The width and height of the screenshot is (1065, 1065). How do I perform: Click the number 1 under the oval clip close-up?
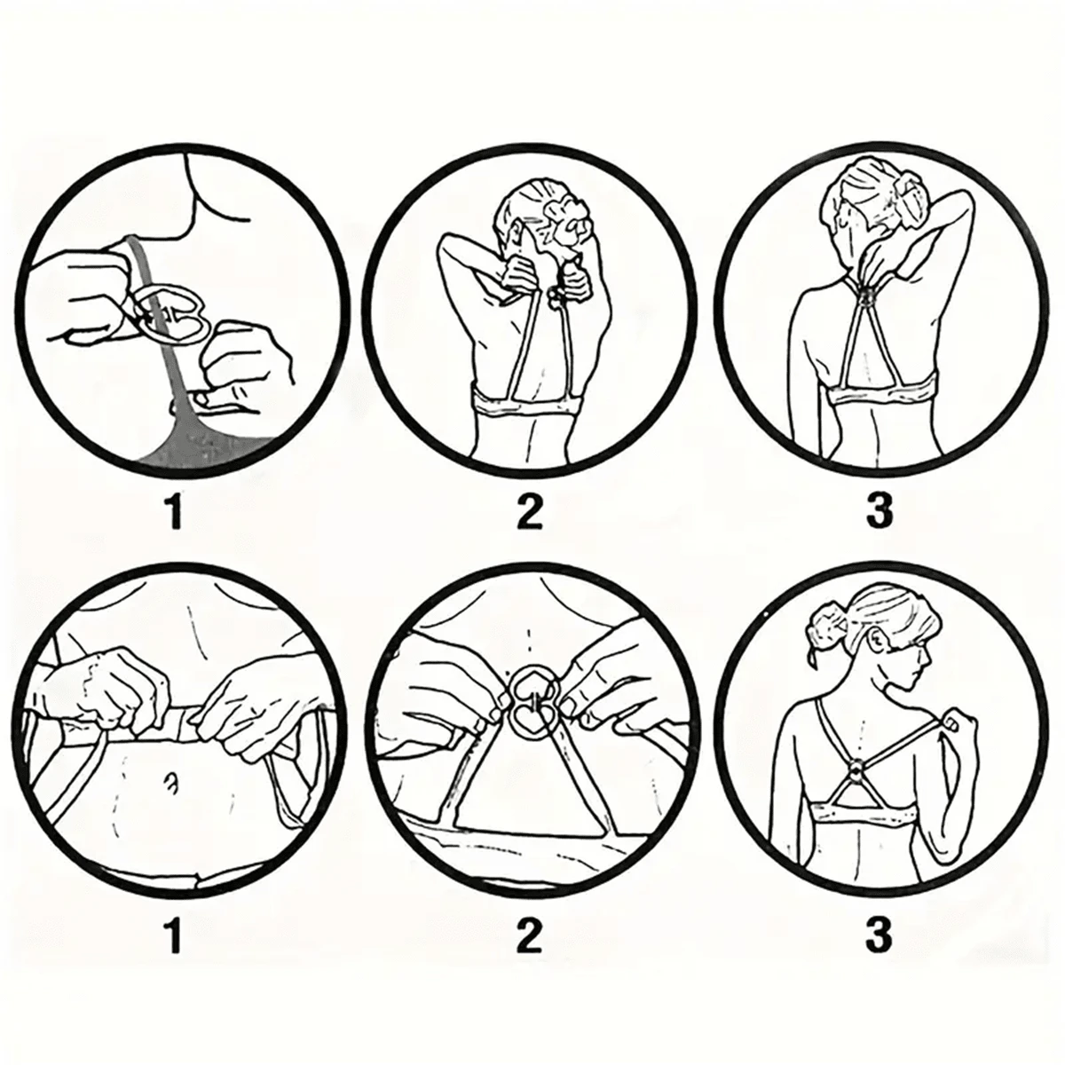pyautogui.click(x=174, y=512)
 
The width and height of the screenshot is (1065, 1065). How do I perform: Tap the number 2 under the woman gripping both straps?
pyautogui.click(x=529, y=512)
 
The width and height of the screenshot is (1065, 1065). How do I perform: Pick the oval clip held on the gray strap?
pyautogui.click(x=170, y=311)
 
